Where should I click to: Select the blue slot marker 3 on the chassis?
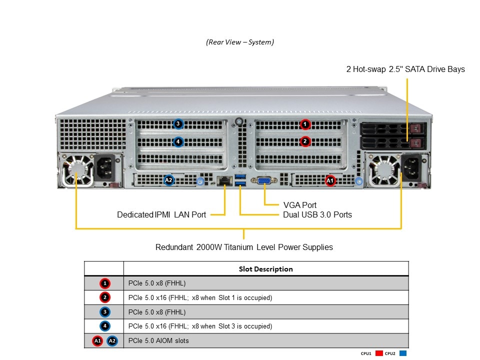178,124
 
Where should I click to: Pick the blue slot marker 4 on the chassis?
178,142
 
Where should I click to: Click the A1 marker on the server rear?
330,180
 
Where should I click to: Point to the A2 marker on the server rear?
169,180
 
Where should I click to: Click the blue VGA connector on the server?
264,180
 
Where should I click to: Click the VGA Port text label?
299,205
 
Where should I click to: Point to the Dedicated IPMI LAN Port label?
161,215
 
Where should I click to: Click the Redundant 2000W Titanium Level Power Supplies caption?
244,247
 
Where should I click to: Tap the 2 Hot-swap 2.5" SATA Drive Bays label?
405,69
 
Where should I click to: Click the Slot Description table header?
265,269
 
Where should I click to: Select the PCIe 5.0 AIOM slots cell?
158,341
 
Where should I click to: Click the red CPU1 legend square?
378,353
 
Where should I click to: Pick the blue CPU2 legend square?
403,353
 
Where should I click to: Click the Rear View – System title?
240,42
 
